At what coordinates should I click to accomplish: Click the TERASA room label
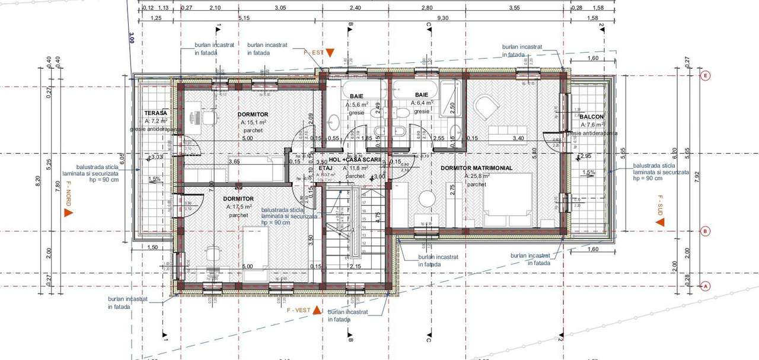(156, 113)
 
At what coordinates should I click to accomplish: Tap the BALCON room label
(592, 117)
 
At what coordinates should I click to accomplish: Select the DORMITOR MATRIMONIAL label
(476, 168)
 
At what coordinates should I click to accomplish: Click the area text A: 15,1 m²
(253, 122)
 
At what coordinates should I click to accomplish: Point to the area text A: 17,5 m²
(239, 207)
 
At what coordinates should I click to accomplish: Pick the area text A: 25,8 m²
(476, 177)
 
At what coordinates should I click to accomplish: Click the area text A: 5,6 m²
(358, 103)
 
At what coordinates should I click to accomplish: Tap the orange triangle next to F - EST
(330, 53)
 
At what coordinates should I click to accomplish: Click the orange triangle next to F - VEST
(317, 310)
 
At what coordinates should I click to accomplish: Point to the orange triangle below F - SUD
(660, 222)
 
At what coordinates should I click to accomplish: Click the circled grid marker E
(705, 76)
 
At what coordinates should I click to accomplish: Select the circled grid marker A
(705, 286)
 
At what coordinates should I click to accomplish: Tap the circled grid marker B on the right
(705, 231)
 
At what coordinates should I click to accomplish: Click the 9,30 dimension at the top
(442, 18)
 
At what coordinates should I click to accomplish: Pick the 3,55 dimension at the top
(514, 8)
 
